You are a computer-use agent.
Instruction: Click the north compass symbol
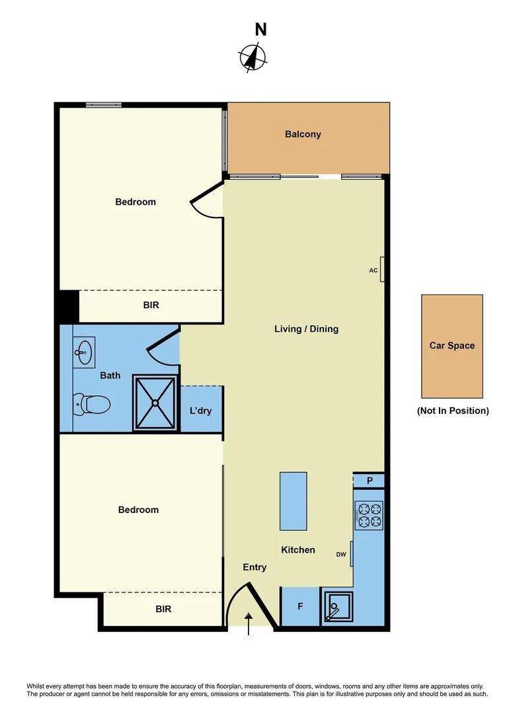pos(252,57)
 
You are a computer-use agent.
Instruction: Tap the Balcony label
pos(303,134)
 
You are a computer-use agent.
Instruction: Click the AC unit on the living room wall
pos(382,270)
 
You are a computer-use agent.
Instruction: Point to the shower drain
pos(155,403)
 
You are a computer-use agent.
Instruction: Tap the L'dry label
pos(200,411)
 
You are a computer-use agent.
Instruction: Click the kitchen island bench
pos(293,500)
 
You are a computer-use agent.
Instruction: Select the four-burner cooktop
pos(369,515)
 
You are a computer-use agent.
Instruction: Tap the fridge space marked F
pos(299,606)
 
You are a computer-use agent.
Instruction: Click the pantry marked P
pos(369,481)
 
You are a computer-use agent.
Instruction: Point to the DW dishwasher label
pos(341,555)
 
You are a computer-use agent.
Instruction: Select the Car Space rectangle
pos(452,346)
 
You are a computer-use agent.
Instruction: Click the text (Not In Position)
pos(452,411)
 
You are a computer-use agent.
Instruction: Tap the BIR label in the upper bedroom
pos(151,305)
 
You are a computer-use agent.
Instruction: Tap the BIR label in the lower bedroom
pos(163,609)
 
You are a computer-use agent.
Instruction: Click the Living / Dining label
pos(306,329)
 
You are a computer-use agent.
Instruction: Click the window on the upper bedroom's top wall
pos(104,104)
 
